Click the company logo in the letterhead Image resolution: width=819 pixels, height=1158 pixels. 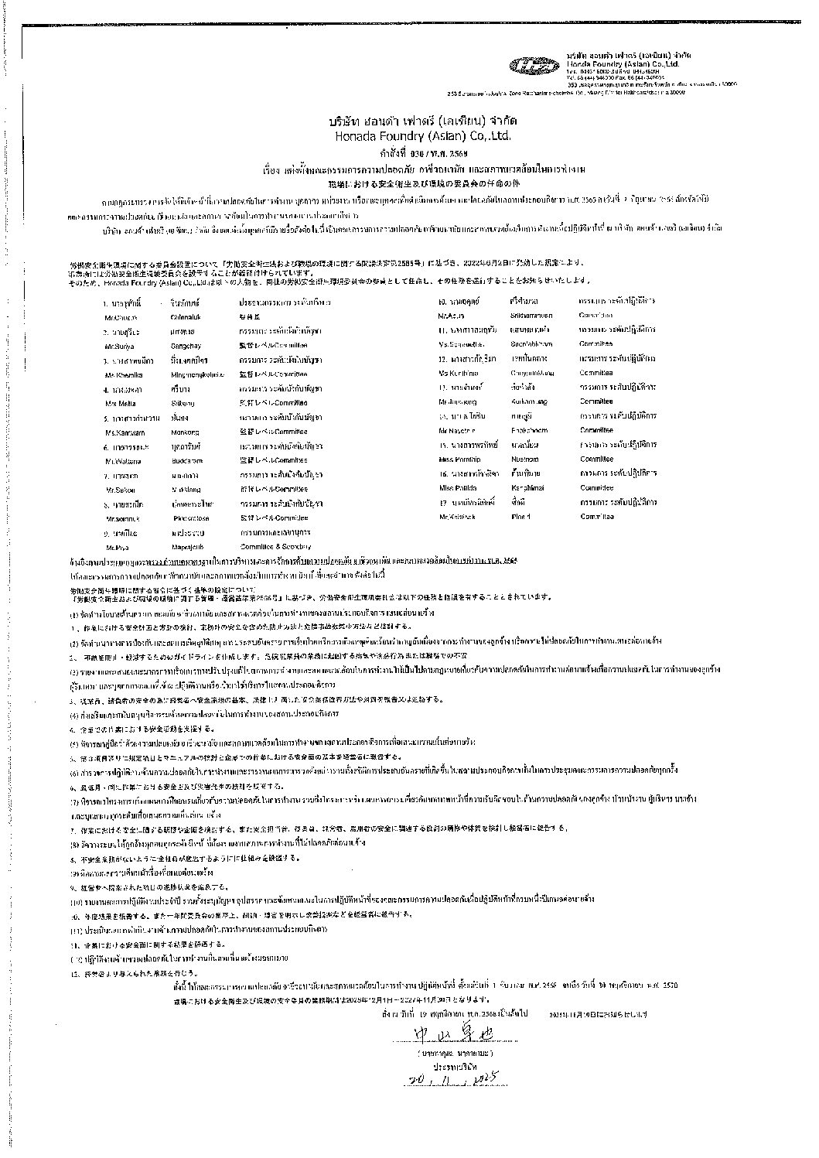tap(534, 67)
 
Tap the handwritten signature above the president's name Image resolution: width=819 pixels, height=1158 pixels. tap(445, 1033)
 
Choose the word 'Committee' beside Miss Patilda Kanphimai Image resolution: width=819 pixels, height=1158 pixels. tap(596, 488)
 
